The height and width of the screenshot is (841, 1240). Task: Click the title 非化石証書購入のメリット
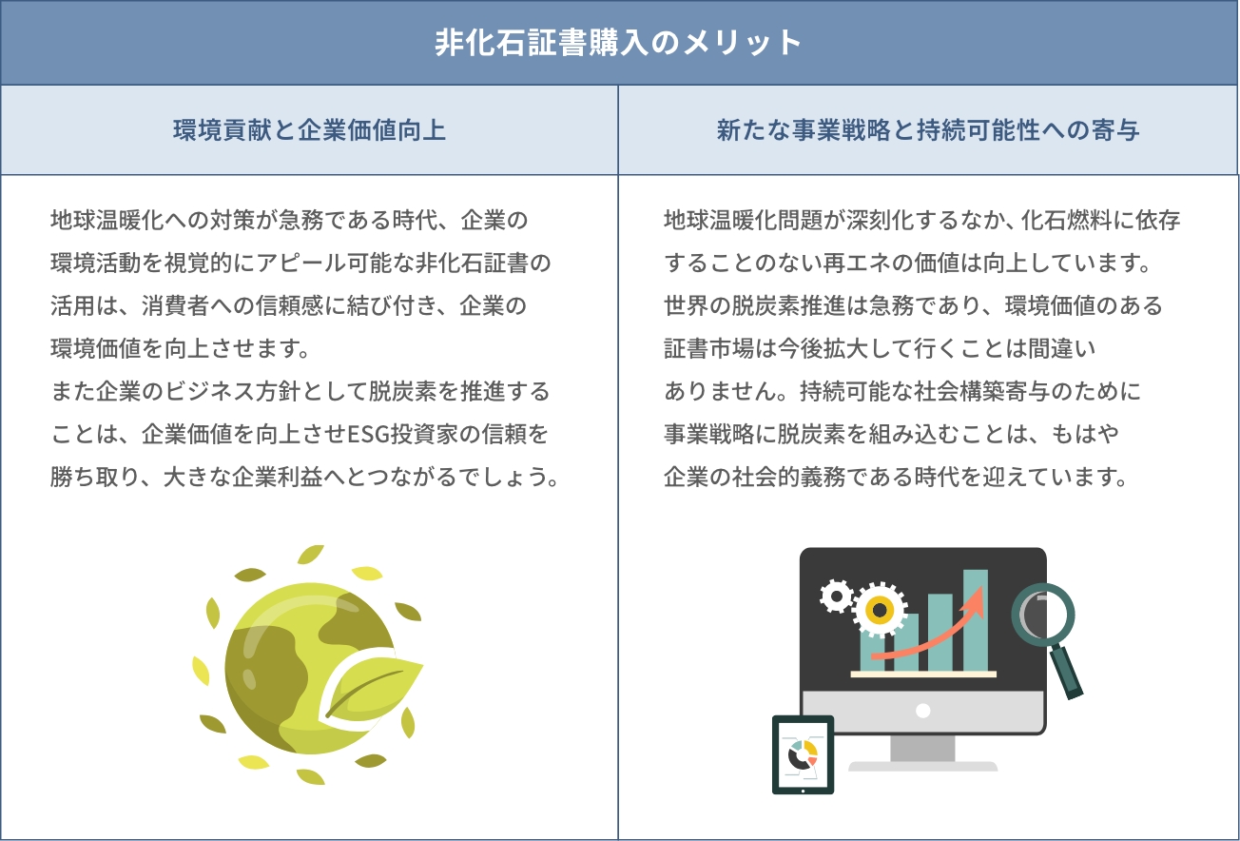pyautogui.click(x=618, y=42)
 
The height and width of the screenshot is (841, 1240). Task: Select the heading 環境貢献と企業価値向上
pyautogui.click(x=309, y=130)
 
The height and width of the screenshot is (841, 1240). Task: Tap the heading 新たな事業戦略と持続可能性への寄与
pyautogui.click(x=928, y=130)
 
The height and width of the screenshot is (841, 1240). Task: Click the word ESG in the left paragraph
pyautogui.click(x=368, y=434)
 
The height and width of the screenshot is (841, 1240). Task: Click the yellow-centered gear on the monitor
pyautogui.click(x=880, y=611)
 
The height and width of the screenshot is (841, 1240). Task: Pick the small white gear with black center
pyautogui.click(x=837, y=597)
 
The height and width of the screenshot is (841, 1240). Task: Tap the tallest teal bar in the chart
pyautogui.click(x=976, y=620)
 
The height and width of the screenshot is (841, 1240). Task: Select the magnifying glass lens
pyautogui.click(x=1042, y=616)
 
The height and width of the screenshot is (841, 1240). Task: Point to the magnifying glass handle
pyautogui.click(x=1066, y=672)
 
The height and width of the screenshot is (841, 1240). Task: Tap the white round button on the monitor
pyautogui.click(x=922, y=711)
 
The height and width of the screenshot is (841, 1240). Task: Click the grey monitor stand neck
pyautogui.click(x=922, y=748)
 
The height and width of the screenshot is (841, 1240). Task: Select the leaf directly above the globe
pyautogui.click(x=311, y=555)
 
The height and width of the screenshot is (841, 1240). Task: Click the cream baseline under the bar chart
pyautogui.click(x=923, y=675)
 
